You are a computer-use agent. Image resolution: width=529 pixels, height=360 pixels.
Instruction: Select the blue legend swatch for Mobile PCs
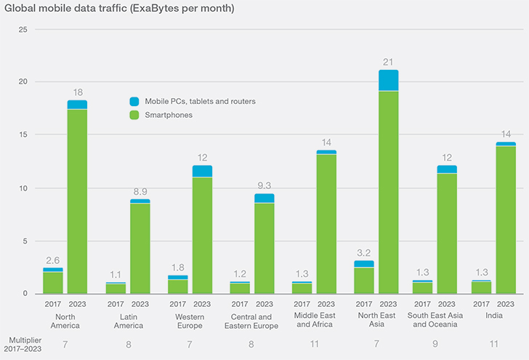[134, 101]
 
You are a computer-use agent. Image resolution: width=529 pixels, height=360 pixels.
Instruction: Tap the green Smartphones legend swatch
[134, 115]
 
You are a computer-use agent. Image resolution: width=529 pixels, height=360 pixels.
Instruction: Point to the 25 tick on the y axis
[23, 29]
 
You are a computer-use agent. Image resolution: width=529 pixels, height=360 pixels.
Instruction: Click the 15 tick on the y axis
[23, 135]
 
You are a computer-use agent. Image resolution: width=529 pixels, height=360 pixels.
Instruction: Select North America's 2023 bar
[77, 200]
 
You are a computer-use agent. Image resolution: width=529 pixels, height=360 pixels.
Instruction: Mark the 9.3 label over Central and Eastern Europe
[264, 186]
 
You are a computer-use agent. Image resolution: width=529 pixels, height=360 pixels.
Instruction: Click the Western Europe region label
[190, 321]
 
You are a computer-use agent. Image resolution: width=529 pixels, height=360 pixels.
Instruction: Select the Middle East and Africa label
[314, 321]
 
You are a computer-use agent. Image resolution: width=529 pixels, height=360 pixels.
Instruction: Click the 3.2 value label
[365, 253]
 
